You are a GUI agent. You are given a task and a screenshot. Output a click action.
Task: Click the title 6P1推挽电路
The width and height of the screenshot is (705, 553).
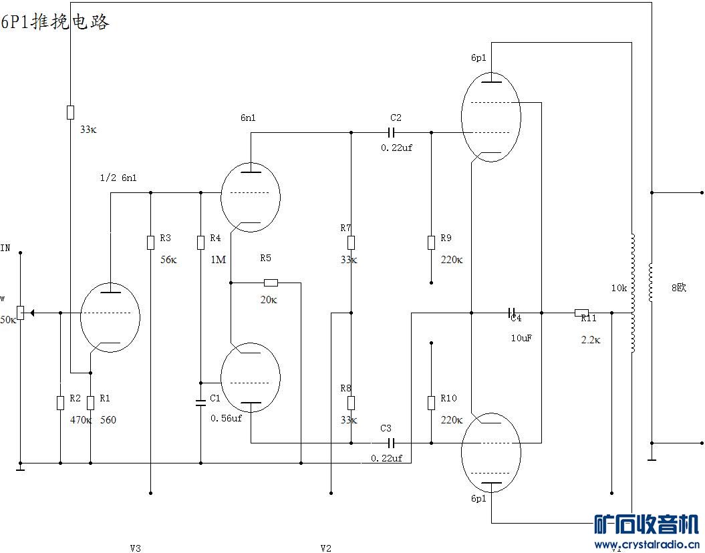pyautogui.click(x=55, y=21)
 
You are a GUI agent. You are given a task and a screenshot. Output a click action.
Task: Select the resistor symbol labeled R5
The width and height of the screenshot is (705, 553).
pyautogui.click(x=271, y=283)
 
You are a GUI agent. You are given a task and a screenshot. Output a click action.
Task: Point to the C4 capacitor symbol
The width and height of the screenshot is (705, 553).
pyautogui.click(x=512, y=313)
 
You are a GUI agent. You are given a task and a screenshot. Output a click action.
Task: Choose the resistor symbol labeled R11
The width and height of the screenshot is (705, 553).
pyautogui.click(x=581, y=312)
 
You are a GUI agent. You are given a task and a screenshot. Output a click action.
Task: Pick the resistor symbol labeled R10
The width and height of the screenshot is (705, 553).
pyautogui.click(x=431, y=402)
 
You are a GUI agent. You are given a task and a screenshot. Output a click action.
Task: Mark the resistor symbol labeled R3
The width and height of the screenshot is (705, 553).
pyautogui.click(x=150, y=242)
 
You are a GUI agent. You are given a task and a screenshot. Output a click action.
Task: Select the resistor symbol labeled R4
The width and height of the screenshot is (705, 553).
pyautogui.click(x=200, y=242)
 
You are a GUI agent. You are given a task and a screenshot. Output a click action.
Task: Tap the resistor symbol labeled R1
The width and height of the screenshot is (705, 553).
pyautogui.click(x=90, y=402)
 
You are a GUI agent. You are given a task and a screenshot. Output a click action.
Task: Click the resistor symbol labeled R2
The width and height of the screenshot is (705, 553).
pyautogui.click(x=60, y=402)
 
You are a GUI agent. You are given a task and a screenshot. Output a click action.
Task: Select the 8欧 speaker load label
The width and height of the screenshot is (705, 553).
pyautogui.click(x=678, y=288)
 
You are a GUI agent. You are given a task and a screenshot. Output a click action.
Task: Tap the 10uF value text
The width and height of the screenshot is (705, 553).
pyautogui.click(x=521, y=338)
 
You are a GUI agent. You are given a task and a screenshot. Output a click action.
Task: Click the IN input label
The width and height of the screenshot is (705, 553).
pyautogui.click(x=5, y=248)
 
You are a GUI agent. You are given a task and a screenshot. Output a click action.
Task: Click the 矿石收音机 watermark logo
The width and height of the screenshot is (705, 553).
pyautogui.click(x=646, y=524)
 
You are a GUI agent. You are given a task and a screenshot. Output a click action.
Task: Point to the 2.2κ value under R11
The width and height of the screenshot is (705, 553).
pyautogui.click(x=591, y=339)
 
